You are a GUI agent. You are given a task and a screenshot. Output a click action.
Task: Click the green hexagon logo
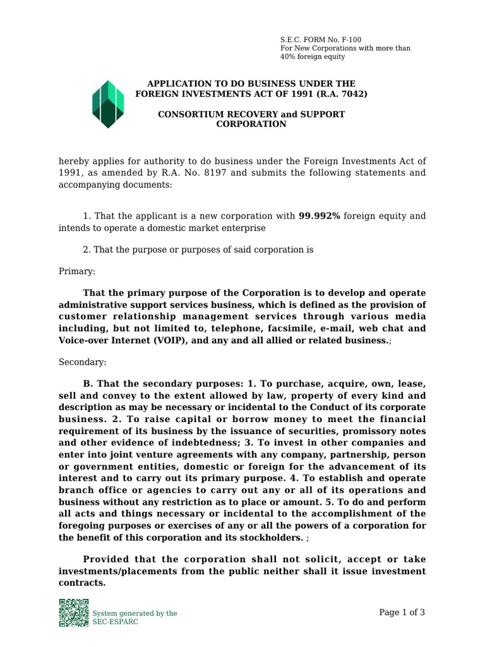coord(108,104)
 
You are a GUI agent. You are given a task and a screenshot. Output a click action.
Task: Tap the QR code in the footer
coord(73,612)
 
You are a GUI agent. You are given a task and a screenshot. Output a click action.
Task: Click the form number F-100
coord(351,39)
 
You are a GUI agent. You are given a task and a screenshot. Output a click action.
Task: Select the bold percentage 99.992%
coord(319,216)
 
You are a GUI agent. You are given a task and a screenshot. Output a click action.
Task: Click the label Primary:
coord(76,271)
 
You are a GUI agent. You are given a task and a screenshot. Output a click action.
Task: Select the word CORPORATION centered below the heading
coord(251,124)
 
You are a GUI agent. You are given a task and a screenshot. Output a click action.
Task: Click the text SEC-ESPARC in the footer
coord(115,622)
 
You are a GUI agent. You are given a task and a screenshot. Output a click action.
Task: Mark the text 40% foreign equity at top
coord(313,57)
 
